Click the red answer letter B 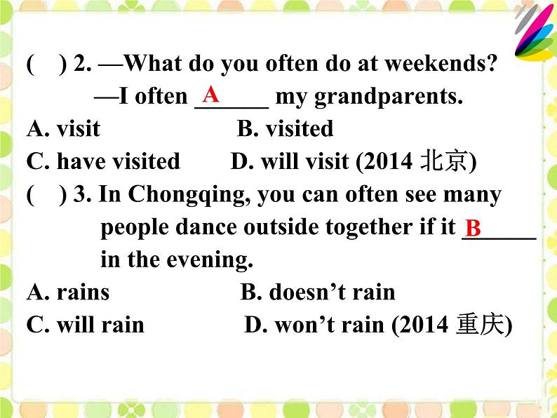click(x=474, y=228)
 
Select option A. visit click(x=63, y=129)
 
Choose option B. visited click(x=285, y=129)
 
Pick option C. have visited click(x=103, y=161)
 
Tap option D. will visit click(x=292, y=161)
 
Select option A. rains click(x=68, y=292)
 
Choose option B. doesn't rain click(x=318, y=292)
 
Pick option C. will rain click(x=85, y=325)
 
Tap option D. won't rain click(x=316, y=325)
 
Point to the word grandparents click(x=389, y=97)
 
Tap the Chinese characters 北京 click(x=443, y=162)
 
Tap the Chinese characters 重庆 click(x=481, y=325)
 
